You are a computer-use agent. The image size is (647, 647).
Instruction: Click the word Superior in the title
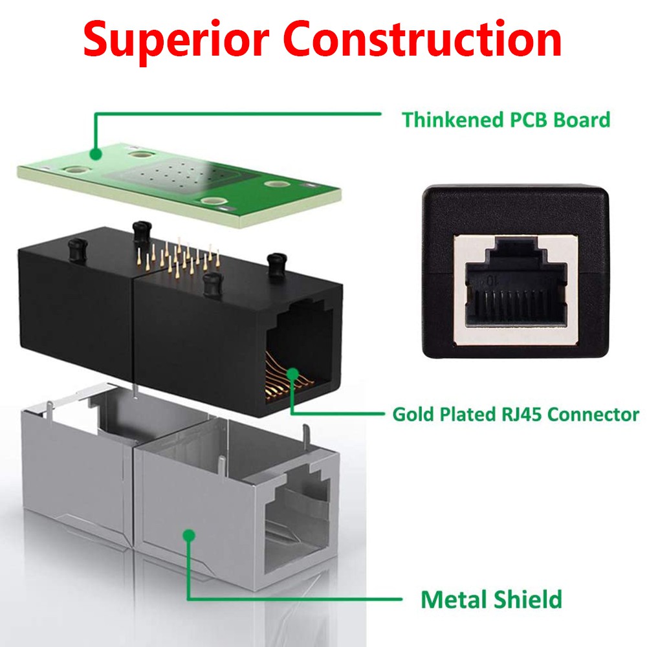[x=176, y=40]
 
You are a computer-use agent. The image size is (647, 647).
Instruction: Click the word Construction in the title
[x=422, y=38]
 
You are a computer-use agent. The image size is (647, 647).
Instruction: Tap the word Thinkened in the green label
[x=453, y=120]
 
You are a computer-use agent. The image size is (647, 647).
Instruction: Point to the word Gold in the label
[x=413, y=414]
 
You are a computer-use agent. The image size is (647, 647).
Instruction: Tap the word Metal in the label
[x=454, y=599]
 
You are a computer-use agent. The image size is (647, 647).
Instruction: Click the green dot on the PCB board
[x=96, y=155]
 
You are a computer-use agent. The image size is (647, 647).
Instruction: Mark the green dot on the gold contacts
[x=292, y=374]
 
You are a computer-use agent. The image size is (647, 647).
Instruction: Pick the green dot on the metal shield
[x=189, y=536]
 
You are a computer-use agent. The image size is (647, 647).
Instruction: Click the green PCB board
[x=179, y=184]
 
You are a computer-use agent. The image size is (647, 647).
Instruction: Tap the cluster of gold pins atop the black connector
[x=179, y=256]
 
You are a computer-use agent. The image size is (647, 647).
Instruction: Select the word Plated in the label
[x=468, y=414]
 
